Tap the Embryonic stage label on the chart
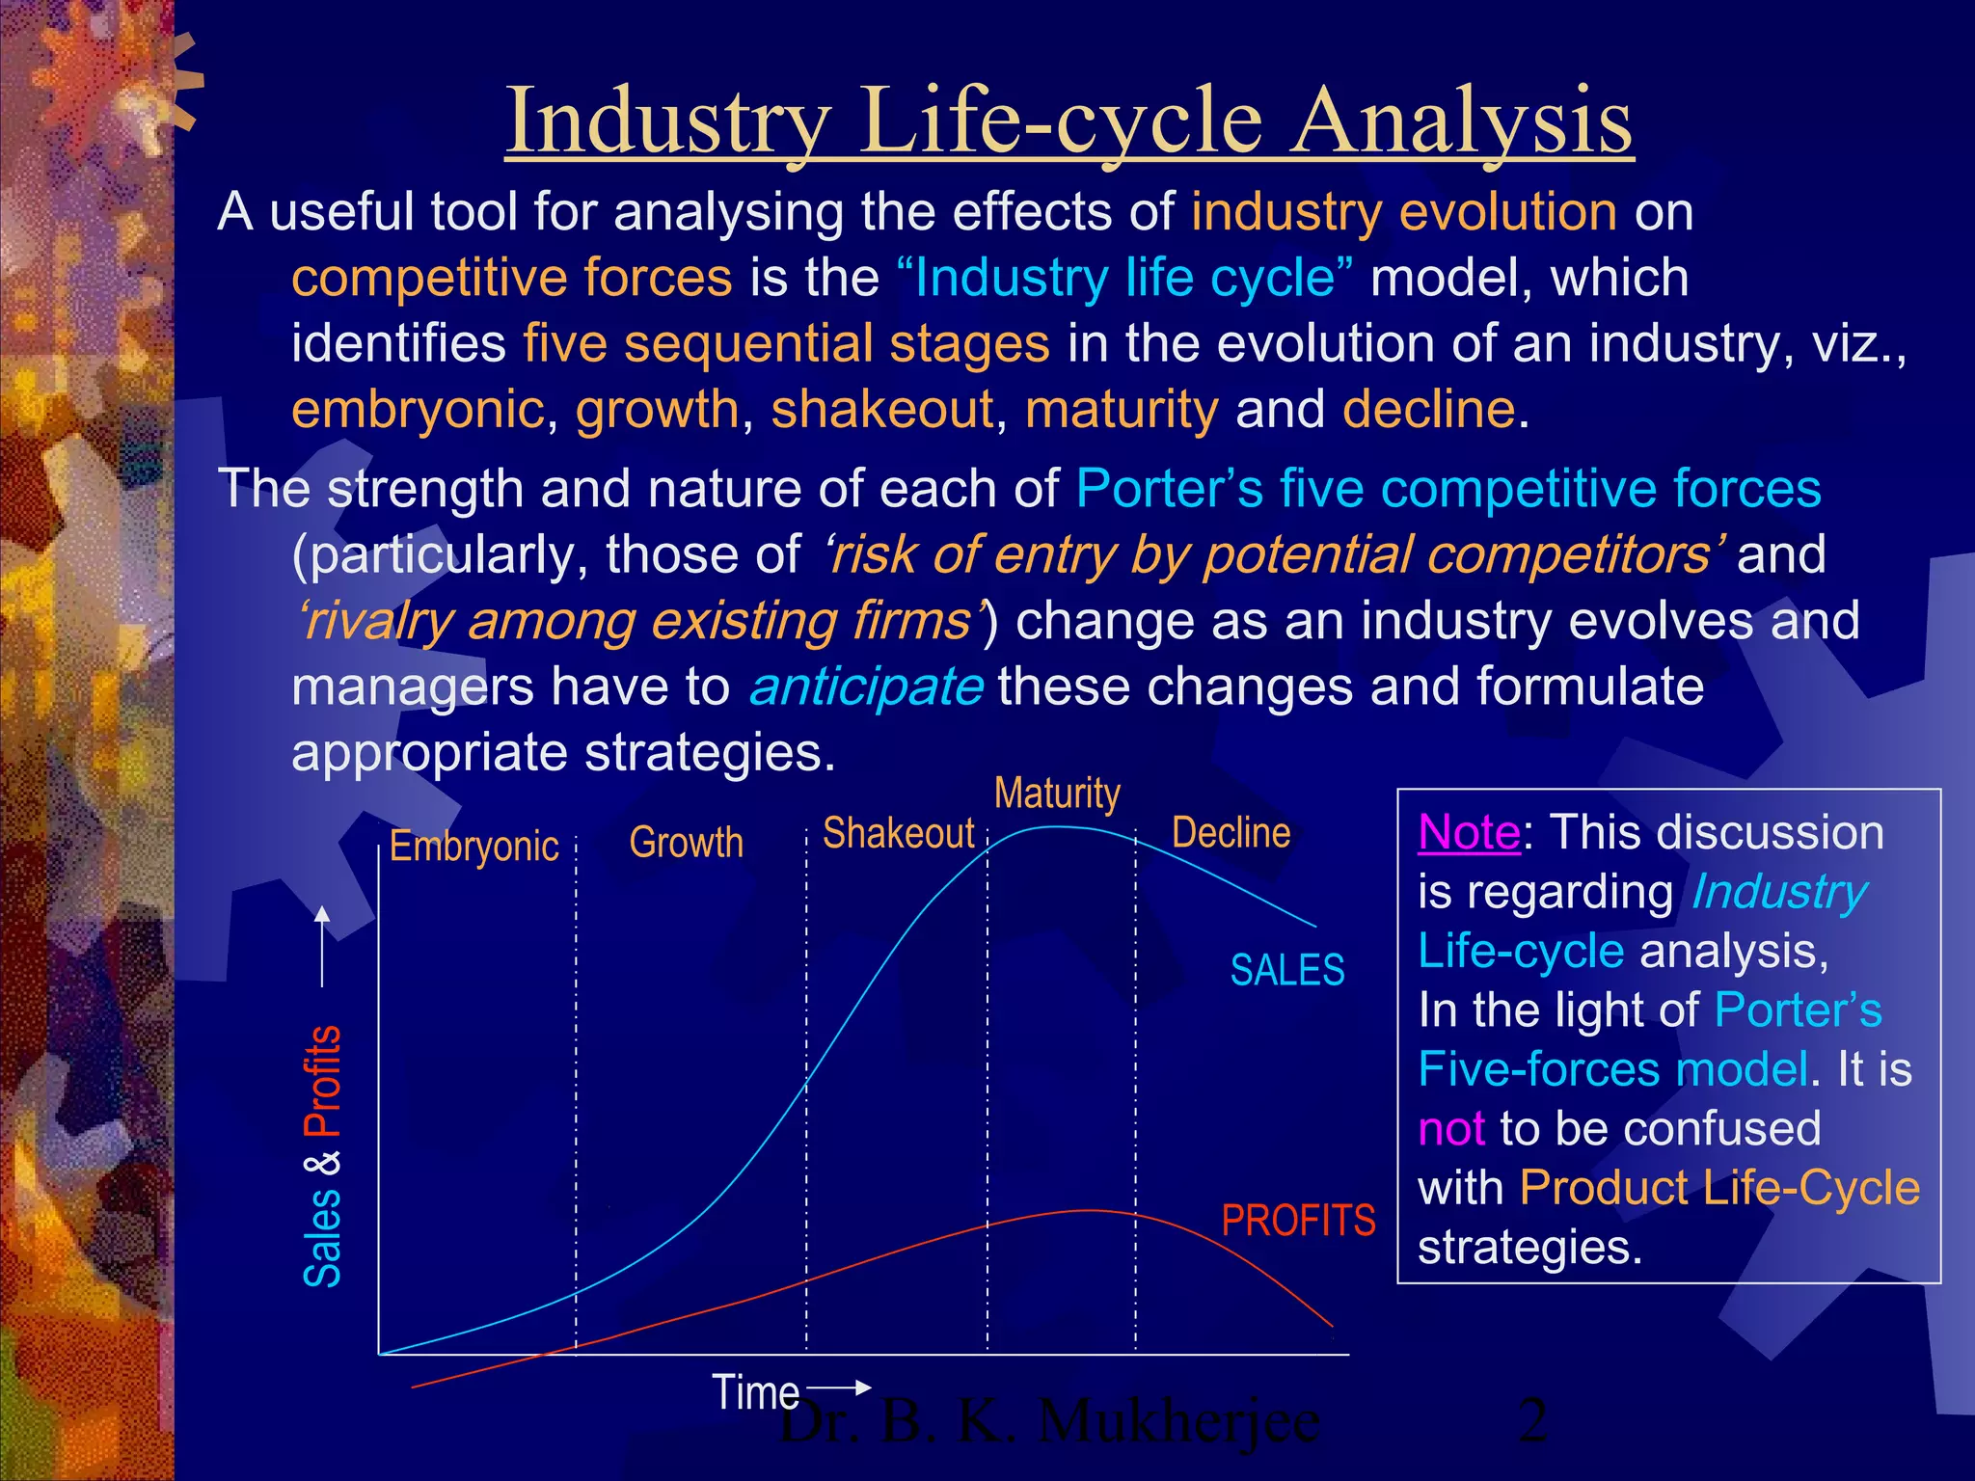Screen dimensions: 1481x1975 click(473, 847)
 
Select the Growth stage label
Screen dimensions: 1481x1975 click(686, 843)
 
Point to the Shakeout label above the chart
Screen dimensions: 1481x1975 click(898, 833)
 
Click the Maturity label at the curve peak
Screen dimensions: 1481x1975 click(1057, 793)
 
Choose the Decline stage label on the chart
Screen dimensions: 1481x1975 click(1231, 832)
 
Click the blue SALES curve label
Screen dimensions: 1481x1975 click(1286, 970)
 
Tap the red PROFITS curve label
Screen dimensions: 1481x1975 click(1298, 1221)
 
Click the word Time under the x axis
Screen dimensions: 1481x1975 click(755, 1392)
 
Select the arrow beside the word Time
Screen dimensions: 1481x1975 click(838, 1387)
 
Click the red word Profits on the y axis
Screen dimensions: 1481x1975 click(323, 1081)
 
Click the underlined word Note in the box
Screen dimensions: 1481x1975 click(1469, 832)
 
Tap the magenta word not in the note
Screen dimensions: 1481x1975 click(1450, 1128)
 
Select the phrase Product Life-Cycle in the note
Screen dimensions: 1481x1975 click(1719, 1188)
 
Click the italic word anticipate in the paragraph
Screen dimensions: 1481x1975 click(866, 687)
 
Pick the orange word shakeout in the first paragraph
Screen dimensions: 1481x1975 click(881, 409)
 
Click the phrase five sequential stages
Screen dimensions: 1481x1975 click(786, 344)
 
